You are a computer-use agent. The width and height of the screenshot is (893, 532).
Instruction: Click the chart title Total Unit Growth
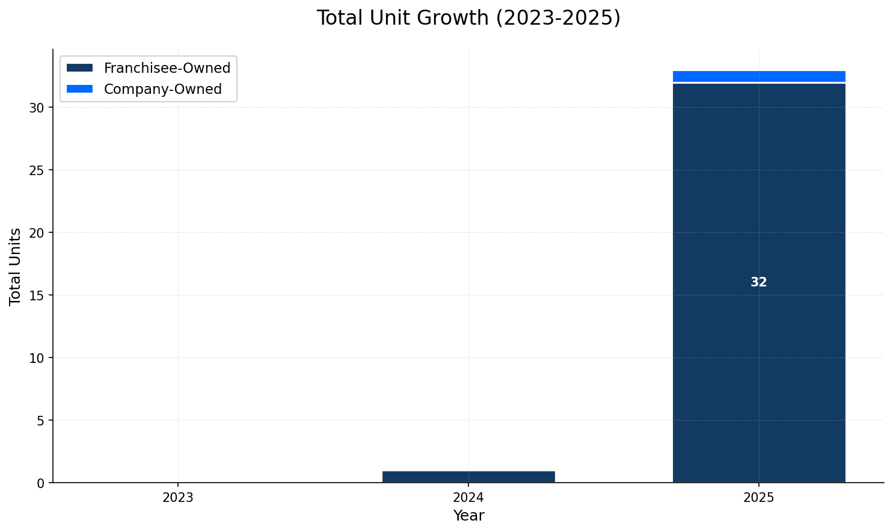click(x=468, y=18)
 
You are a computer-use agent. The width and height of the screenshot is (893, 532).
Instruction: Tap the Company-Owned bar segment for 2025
click(x=758, y=76)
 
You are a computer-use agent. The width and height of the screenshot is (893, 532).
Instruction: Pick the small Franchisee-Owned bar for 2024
click(x=468, y=477)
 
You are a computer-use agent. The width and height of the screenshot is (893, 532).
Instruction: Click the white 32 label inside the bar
click(x=758, y=282)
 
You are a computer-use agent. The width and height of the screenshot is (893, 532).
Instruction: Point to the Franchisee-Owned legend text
click(x=167, y=68)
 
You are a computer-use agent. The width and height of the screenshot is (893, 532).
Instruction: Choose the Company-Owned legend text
click(x=163, y=89)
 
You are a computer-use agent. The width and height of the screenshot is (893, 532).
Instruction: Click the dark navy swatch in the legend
click(x=79, y=68)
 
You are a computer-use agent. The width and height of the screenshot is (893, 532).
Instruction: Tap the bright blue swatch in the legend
click(x=79, y=89)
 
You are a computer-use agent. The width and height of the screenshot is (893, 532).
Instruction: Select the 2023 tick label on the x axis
click(x=178, y=498)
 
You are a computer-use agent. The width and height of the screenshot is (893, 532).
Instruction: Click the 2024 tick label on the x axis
click(x=468, y=498)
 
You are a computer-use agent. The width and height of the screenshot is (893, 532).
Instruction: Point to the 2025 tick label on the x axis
click(x=758, y=498)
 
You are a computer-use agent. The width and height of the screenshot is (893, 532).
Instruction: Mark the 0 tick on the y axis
click(x=40, y=483)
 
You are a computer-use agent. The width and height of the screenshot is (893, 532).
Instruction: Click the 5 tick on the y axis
click(x=40, y=421)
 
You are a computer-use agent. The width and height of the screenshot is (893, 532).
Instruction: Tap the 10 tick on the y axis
click(x=37, y=358)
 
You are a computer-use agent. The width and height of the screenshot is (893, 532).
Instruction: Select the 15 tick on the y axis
click(x=37, y=295)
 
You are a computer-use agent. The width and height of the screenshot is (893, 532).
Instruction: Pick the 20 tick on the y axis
click(x=37, y=233)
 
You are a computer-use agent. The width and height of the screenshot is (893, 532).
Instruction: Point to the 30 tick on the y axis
click(x=37, y=108)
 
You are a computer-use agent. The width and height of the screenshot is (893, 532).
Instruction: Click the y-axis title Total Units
click(x=16, y=266)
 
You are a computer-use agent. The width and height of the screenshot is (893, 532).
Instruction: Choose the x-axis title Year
click(x=468, y=516)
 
